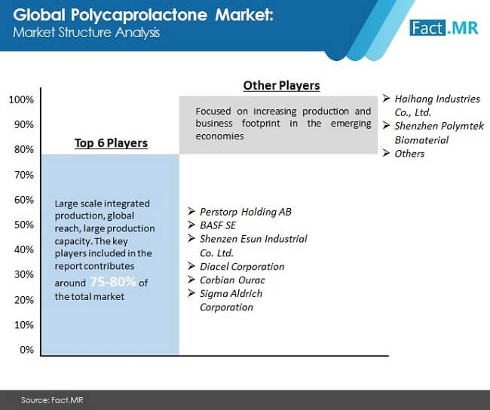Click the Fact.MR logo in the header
click(x=444, y=28)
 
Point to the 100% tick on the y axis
click(x=21, y=99)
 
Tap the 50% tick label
click(x=24, y=225)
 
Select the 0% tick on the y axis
click(x=26, y=350)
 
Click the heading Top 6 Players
click(x=111, y=143)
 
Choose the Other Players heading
click(x=281, y=85)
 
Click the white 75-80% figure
click(x=113, y=282)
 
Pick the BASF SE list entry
click(x=218, y=225)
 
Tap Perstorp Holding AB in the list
click(x=246, y=212)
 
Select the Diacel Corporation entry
click(x=242, y=267)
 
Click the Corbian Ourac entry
click(x=232, y=280)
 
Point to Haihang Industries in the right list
click(x=437, y=99)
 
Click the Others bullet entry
click(x=409, y=154)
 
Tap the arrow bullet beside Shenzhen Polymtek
click(x=386, y=126)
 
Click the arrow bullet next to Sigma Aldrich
click(x=191, y=293)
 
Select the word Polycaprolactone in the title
click(x=139, y=15)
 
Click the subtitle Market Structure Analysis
click(x=86, y=33)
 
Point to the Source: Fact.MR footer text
click(x=52, y=400)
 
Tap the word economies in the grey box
click(x=219, y=136)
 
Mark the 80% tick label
click(x=24, y=149)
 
